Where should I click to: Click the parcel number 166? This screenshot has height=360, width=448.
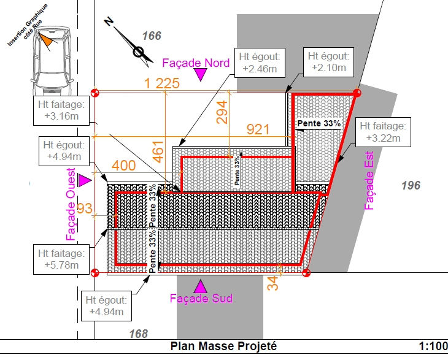tap(152, 36)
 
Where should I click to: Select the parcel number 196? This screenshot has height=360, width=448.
tap(411, 185)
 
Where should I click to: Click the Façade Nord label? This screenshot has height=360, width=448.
tap(196, 62)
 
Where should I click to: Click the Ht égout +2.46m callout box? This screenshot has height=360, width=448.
tap(259, 63)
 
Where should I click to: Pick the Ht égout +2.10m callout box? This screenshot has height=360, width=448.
tap(328, 62)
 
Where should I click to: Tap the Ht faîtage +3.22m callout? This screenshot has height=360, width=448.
tap(382, 132)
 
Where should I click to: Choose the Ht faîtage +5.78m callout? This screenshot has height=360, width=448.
tap(61, 259)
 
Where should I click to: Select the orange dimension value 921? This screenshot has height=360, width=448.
tap(258, 129)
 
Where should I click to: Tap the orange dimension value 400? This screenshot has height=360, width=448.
tap(123, 166)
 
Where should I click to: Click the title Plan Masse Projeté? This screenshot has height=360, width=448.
tap(224, 347)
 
